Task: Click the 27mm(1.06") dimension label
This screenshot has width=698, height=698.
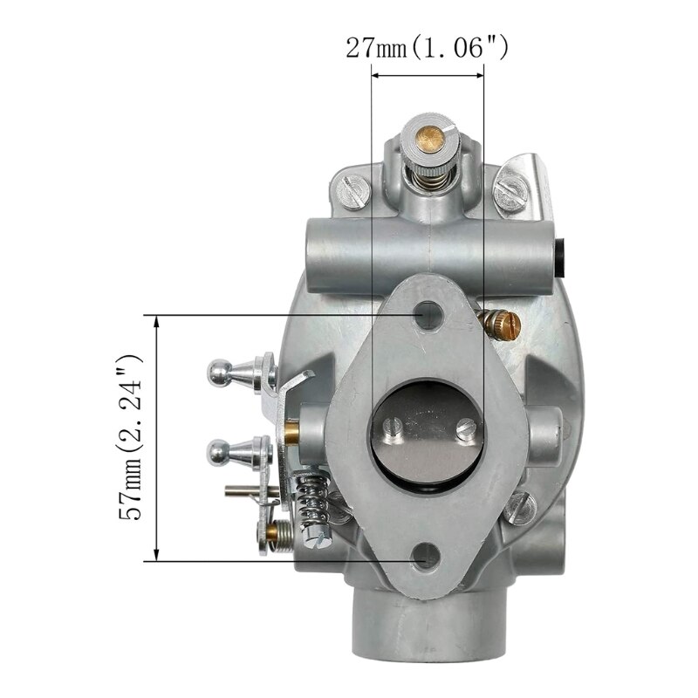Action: (427, 48)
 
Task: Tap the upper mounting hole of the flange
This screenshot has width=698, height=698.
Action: (428, 315)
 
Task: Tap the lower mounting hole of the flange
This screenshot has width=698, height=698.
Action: (426, 557)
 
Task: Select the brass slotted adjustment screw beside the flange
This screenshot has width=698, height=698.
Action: (499, 325)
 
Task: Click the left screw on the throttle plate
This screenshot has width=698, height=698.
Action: (393, 431)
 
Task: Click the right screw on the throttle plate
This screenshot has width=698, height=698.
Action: (467, 429)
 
